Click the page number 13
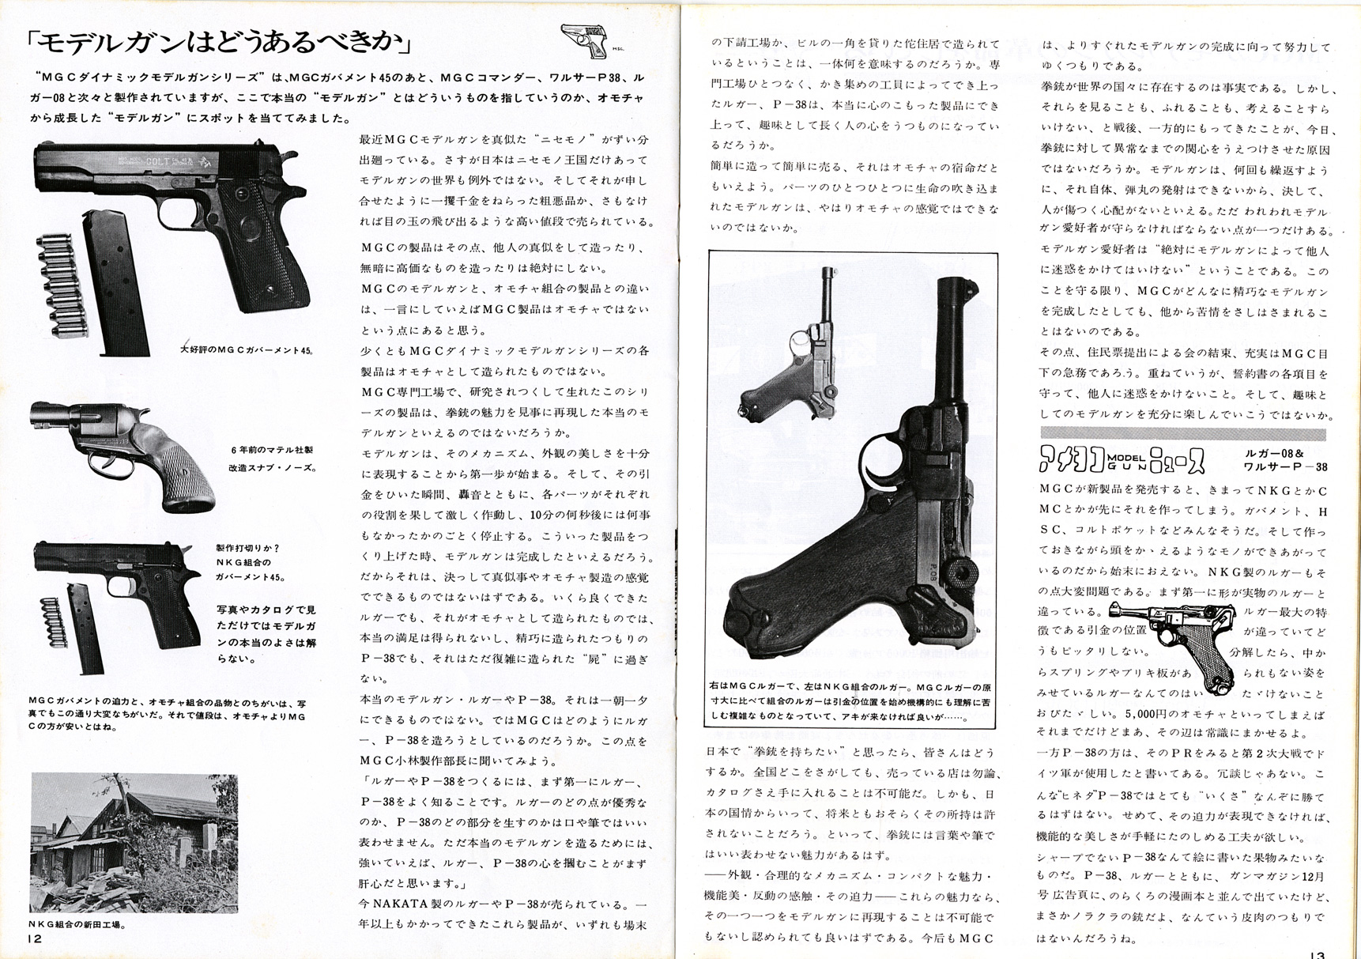point(1316,953)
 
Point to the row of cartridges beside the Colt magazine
point(57,283)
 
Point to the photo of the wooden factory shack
point(134,843)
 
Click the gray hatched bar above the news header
point(1182,433)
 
